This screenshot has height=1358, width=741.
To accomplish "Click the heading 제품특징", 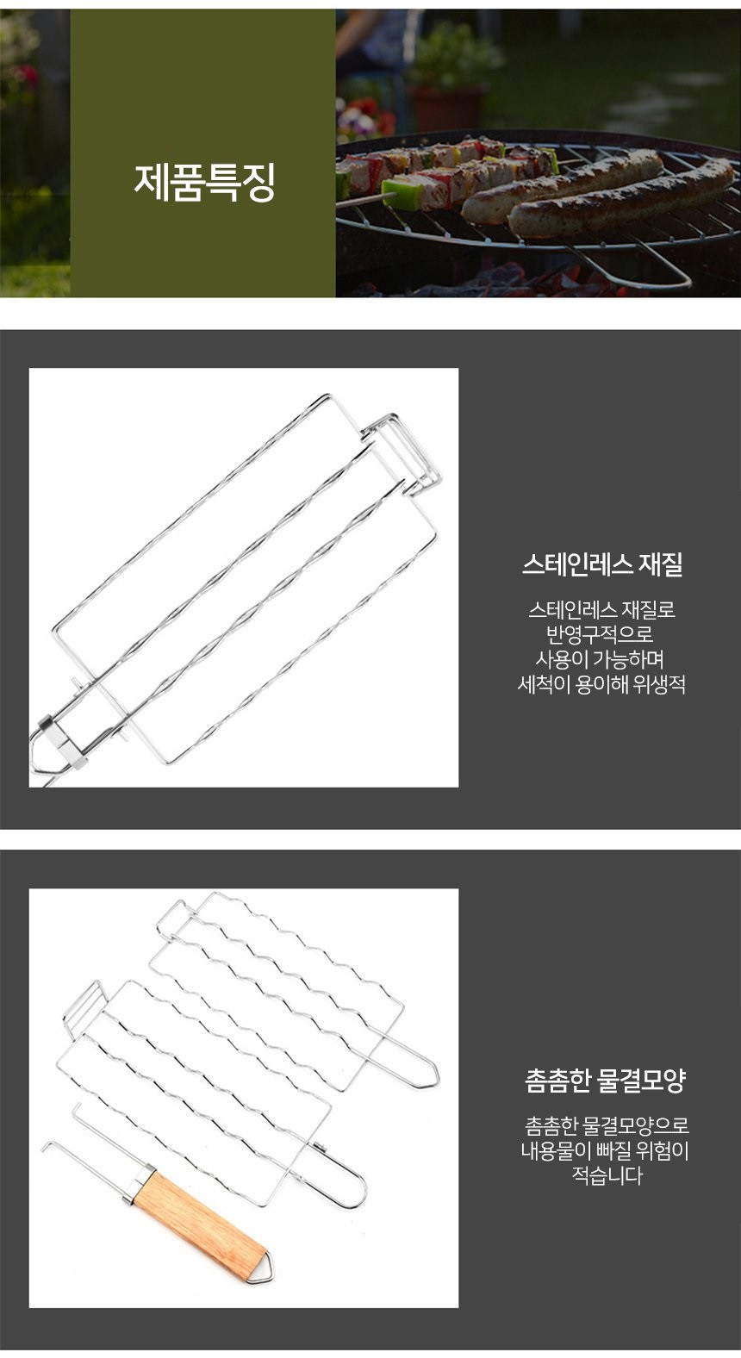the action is (x=205, y=182).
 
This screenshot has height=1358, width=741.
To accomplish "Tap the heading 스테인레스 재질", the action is (x=603, y=564).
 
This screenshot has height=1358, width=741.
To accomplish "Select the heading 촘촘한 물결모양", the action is (x=605, y=1080).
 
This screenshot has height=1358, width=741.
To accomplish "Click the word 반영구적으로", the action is (x=600, y=634).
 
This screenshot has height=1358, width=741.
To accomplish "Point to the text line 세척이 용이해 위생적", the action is (x=601, y=684).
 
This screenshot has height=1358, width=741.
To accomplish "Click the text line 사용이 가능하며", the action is (x=600, y=659).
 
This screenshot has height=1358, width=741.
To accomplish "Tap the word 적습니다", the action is (x=607, y=1175).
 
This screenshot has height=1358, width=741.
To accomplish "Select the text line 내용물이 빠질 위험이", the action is (x=605, y=1150).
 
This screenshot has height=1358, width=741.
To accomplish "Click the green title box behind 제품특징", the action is (x=203, y=153).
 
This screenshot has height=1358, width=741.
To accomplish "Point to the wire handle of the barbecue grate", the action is (x=637, y=267).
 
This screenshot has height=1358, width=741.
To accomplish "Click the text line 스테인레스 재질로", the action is (x=601, y=608).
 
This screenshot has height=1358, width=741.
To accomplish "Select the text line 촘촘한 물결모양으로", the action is (x=607, y=1125).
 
